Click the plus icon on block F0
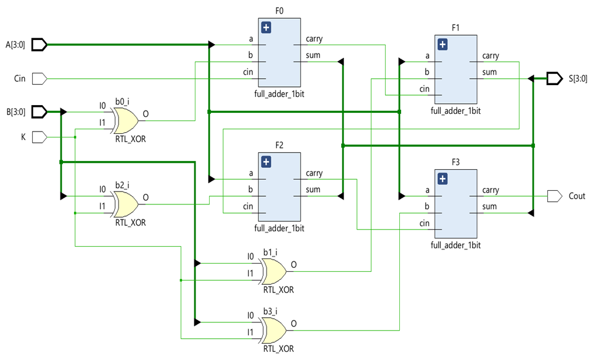tap(266, 27)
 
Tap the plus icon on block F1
tap(442, 44)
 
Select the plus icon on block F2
tap(266, 162)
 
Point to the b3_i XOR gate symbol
tap(274, 331)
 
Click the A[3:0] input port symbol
tap(39, 45)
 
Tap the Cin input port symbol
tap(39, 78)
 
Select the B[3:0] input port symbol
tap(39, 112)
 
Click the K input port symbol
tap(39, 137)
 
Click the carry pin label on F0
tap(314, 39)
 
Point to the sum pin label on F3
tap(489, 207)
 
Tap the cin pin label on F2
tap(248, 206)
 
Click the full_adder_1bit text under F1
tap(456, 110)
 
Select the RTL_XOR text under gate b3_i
tap(278, 348)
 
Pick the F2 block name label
tap(279, 145)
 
